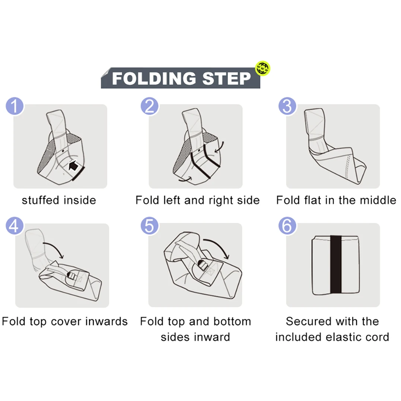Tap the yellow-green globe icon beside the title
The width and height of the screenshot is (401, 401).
pos(262,69)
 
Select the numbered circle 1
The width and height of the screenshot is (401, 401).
pos(15,106)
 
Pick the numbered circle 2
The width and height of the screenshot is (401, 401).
pos(150,106)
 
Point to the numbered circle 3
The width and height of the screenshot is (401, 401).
pos(287,106)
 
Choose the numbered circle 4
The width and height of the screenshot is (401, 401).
pos(15,226)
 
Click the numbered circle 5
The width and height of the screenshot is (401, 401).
pos(150,226)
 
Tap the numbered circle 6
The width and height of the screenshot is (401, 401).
pos(287,226)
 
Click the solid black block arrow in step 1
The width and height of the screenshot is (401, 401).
pos(73,166)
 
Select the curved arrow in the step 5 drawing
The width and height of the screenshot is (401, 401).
pos(219,245)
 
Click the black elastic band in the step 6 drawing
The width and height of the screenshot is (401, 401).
pos(336,264)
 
